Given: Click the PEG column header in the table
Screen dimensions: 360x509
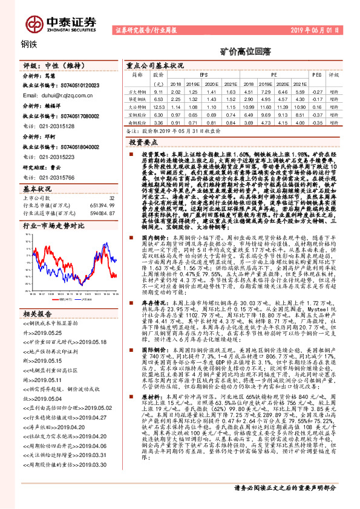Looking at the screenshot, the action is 316,74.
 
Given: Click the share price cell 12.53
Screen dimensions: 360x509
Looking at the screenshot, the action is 159,106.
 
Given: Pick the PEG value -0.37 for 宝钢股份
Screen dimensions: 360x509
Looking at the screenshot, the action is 316,114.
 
